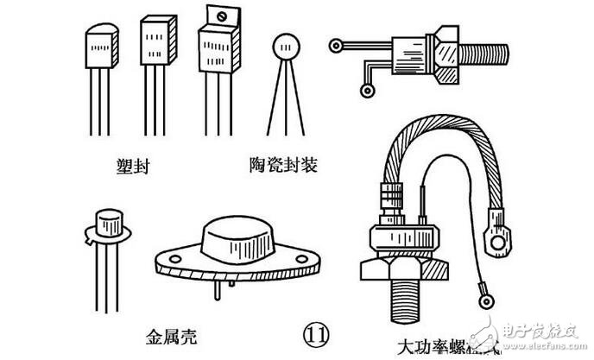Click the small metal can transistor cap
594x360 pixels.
[110, 223]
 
